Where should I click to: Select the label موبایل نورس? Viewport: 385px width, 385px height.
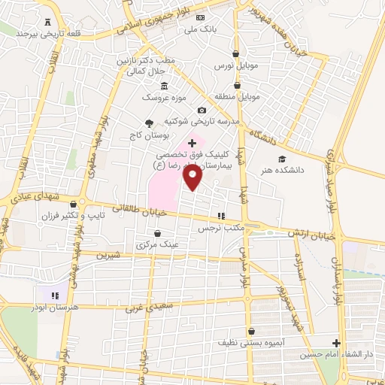point(235,66)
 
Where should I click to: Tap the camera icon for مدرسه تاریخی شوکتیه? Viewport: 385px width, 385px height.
point(201,110)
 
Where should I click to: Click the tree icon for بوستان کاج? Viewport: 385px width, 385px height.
point(149,123)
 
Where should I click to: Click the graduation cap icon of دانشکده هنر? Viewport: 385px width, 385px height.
point(281,159)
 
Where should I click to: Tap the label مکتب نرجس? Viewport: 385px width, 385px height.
point(218,227)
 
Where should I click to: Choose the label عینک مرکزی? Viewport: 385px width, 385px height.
point(157,244)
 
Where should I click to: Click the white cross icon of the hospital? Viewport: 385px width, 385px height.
point(192,141)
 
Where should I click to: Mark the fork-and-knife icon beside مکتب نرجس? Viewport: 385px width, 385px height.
point(221,215)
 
